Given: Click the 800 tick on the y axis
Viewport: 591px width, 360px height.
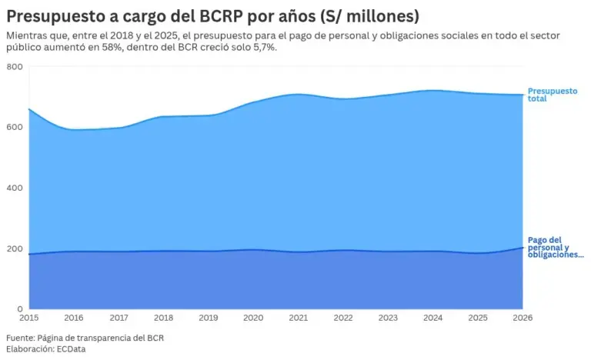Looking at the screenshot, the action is point(15,67).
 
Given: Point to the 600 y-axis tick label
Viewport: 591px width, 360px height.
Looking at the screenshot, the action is point(15,128).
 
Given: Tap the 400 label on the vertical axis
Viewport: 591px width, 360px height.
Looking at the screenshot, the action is point(15,188).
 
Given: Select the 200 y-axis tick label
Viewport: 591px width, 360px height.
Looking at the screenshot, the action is point(15,248).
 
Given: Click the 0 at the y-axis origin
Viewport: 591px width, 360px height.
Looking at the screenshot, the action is point(20,309).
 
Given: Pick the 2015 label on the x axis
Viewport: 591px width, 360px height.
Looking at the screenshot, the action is point(29,318).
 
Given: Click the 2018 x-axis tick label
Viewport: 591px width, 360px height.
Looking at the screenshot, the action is point(164,318).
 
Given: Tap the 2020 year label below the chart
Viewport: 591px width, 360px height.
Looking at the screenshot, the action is point(253,318).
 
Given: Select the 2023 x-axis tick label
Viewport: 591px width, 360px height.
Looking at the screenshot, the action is point(388,318).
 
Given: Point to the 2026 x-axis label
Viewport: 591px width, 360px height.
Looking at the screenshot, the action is point(523,318).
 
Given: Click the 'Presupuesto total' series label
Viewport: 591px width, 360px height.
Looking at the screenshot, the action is point(553,95).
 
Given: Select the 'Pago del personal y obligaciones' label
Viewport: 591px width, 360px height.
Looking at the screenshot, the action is point(556,247).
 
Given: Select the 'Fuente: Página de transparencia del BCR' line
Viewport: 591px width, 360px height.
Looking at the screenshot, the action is point(85,338).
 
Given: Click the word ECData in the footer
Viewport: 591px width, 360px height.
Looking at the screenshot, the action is point(72,349).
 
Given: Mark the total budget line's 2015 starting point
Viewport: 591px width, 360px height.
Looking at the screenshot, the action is point(29,109).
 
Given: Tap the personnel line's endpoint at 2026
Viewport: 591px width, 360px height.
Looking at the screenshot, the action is point(523,247).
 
